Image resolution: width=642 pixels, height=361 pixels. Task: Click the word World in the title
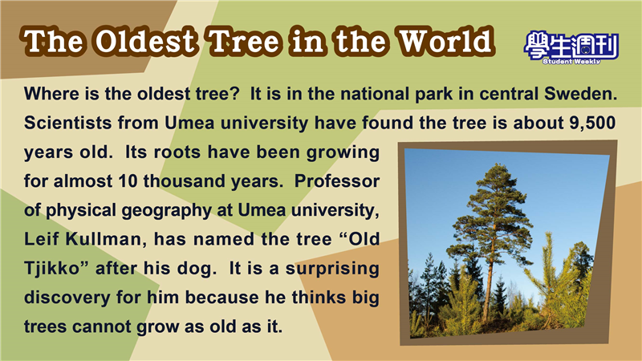[x=445, y=42]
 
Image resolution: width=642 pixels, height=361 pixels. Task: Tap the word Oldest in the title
[x=145, y=42]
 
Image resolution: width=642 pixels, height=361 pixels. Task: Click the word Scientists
[x=67, y=123]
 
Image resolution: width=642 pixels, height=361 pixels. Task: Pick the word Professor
[x=337, y=181]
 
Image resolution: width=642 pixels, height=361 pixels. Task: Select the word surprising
[x=332, y=269]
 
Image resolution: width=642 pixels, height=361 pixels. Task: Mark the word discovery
[x=67, y=298]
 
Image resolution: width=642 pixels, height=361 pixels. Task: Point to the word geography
[x=166, y=211]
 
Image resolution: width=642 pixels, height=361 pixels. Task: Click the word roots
[x=177, y=152]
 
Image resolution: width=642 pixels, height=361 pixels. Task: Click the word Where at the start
[x=51, y=94]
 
